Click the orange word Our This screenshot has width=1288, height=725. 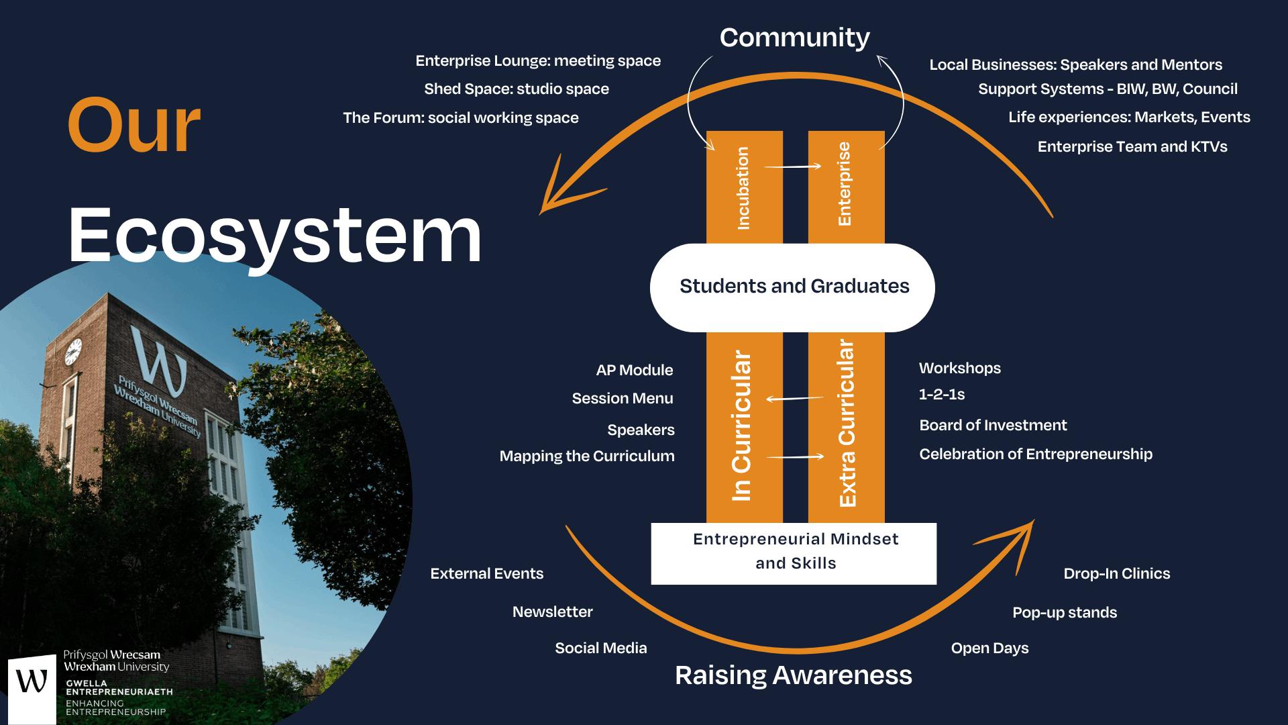click(x=134, y=126)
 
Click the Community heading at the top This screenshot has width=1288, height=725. click(x=794, y=38)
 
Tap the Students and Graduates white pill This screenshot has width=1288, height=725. click(x=794, y=287)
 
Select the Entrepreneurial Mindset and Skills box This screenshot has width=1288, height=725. click(x=794, y=552)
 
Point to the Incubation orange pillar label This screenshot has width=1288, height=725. click(x=743, y=188)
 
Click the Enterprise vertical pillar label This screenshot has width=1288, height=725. click(x=845, y=184)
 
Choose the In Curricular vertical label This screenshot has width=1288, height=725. click(x=742, y=426)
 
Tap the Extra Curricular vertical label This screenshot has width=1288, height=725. click(x=847, y=423)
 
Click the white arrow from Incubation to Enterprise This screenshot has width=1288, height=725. click(x=793, y=166)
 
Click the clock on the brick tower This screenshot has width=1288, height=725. click(x=72, y=352)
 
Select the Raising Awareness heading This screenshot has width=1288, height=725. click(x=793, y=675)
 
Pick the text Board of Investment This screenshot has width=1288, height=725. click(x=993, y=425)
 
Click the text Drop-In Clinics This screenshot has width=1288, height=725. click(x=1116, y=573)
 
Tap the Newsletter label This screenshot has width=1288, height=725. click(x=552, y=612)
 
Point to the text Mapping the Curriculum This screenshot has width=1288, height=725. click(x=586, y=456)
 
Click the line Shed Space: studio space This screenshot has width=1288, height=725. click(x=516, y=89)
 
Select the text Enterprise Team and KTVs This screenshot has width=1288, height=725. click(x=1132, y=146)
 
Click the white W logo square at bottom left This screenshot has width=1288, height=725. click(x=32, y=689)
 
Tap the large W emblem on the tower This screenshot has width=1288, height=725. click(x=160, y=362)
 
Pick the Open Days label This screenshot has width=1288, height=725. click(x=989, y=648)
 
